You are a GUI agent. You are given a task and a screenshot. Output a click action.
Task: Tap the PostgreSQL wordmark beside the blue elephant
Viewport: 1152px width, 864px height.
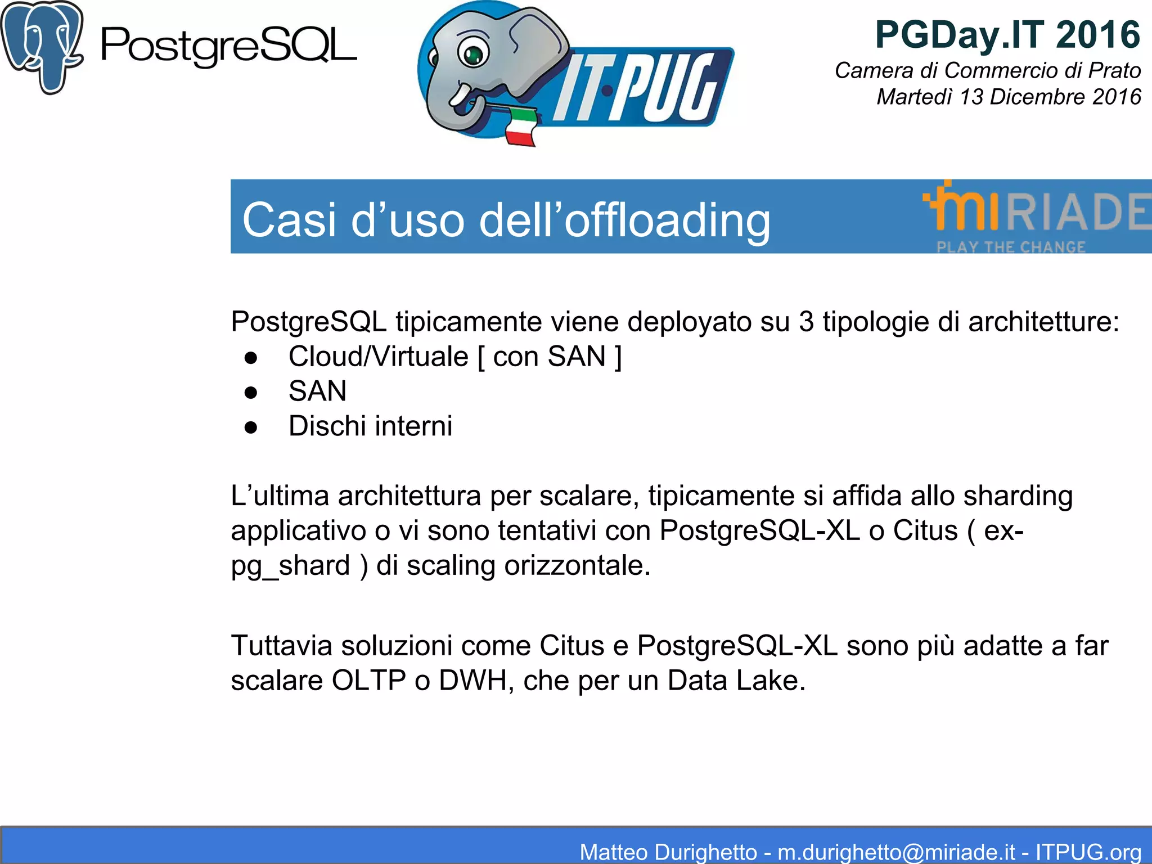(228, 46)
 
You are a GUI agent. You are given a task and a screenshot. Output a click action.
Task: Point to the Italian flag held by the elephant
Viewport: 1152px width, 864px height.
(520, 126)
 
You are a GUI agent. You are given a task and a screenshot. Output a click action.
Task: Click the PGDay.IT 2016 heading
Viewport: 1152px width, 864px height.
(1007, 35)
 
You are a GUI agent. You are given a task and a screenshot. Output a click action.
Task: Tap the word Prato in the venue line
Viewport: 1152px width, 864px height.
(1114, 70)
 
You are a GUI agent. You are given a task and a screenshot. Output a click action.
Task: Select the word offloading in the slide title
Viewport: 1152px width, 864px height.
(667, 220)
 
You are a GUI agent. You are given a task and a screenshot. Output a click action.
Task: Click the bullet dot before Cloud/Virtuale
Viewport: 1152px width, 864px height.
(251, 358)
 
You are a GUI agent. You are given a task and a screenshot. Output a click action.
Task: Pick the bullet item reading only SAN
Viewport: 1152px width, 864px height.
(317, 391)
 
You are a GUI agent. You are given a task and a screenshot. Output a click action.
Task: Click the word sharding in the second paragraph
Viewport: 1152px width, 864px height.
(1018, 496)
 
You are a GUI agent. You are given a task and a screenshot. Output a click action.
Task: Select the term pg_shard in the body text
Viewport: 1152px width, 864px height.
(290, 565)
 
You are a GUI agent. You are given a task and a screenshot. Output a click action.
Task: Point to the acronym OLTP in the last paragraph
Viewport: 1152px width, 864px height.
(368, 681)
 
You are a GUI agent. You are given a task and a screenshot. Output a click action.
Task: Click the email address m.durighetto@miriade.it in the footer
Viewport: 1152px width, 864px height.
(897, 852)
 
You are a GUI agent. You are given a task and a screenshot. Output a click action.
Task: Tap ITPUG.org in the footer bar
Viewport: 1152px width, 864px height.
(1088, 852)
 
